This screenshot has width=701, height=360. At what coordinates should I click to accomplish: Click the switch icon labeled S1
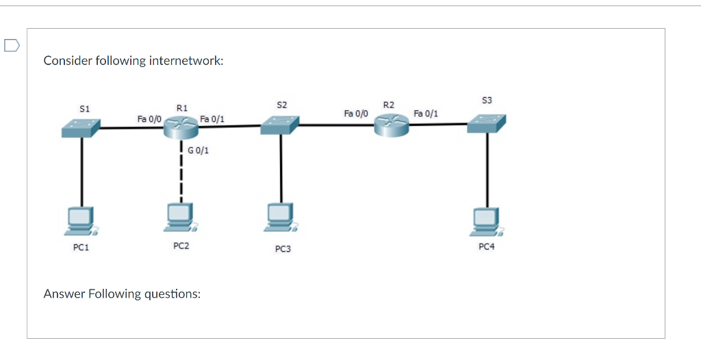tap(80, 127)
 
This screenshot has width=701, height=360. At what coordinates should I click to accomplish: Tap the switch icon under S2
tap(279, 124)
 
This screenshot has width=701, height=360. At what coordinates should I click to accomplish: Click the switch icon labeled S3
tap(487, 123)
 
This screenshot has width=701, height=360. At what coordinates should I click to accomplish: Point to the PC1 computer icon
tap(81, 220)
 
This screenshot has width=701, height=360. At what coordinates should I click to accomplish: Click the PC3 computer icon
tap(281, 217)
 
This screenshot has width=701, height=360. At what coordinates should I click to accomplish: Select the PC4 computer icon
tap(487, 218)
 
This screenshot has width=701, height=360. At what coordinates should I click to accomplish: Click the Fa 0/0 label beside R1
tap(149, 118)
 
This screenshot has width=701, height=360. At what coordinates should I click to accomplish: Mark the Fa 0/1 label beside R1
tap(212, 119)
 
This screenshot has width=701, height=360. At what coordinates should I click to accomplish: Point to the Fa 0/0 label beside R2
tap(356, 112)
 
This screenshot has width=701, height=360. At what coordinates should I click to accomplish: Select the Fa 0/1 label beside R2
tap(426, 113)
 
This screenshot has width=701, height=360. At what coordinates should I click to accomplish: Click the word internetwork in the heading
tap(186, 61)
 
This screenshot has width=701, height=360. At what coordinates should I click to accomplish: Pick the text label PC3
tap(283, 249)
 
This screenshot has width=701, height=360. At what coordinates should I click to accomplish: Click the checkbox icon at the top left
tap(10, 46)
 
